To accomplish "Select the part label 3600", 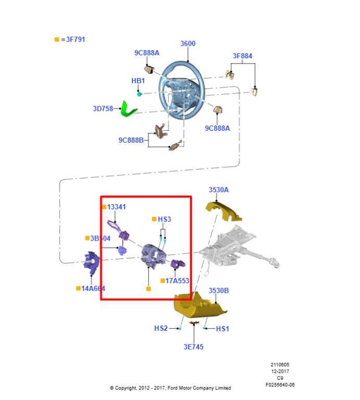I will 188,44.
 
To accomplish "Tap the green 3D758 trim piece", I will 127,109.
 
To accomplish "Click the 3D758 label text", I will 103,109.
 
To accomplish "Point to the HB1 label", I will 138,81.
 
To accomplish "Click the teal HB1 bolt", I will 139,94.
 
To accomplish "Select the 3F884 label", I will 242,56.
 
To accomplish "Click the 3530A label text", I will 218,190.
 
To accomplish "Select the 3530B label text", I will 219,291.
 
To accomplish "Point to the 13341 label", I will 116,207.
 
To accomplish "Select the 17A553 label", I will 177,281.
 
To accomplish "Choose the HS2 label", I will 161,329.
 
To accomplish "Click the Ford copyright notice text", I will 170,388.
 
